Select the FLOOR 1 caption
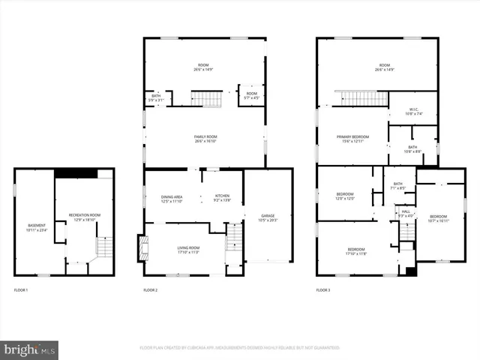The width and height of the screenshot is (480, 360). click(x=21, y=289)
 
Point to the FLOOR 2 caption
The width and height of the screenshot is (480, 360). click(x=150, y=289)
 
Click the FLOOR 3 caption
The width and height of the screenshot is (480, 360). click(x=322, y=289)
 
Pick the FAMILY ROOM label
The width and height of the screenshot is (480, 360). click(x=205, y=138)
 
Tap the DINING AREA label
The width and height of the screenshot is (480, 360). click(x=172, y=199)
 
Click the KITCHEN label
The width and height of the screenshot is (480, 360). click(x=222, y=199)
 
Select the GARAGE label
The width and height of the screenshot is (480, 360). click(x=268, y=217)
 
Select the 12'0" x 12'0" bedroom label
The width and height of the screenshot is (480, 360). click(x=345, y=196)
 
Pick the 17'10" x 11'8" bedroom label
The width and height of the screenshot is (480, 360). click(x=355, y=251)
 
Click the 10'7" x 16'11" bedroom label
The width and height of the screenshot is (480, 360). click(x=438, y=217)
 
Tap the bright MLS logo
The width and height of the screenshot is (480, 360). click(x=30, y=349)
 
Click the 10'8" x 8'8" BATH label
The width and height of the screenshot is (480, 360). click(x=412, y=149)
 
